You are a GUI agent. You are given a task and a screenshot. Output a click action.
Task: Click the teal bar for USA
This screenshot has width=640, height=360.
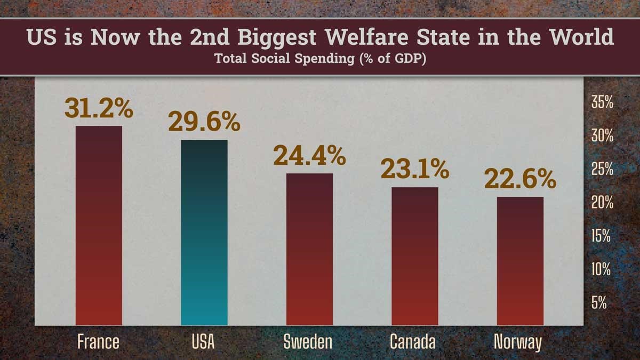coord(204,233)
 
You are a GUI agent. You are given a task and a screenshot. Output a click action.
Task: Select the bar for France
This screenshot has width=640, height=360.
coord(99,226)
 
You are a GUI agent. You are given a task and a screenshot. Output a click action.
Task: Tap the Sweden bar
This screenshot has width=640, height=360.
coord(309,249)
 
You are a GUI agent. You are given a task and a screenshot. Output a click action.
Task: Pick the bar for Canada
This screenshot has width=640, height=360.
coord(414,256)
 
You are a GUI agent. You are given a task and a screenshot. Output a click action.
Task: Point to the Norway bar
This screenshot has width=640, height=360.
coord(520,261)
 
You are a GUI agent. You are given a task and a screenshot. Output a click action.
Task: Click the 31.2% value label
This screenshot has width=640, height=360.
coord(99,108)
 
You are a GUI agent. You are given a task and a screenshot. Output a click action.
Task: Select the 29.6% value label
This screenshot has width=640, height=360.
coord(204,122)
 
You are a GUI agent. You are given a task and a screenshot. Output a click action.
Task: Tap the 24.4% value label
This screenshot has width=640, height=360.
coord(309,156)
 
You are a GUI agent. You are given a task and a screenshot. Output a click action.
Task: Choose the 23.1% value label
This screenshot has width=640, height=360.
coord(414,170)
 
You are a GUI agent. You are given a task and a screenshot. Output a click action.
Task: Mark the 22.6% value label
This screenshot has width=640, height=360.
coord(520,179)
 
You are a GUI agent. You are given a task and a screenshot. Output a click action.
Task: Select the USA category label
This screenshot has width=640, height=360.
coord(203,341)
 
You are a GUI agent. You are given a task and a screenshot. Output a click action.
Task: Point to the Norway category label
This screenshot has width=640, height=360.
coord(517,341)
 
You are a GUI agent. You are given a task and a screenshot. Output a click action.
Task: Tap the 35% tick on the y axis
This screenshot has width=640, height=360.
coord(602,102)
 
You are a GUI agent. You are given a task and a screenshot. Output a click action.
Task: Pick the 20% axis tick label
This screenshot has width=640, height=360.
coord(602,203)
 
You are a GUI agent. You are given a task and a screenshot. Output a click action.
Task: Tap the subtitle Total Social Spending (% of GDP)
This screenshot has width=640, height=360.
coord(320,59)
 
